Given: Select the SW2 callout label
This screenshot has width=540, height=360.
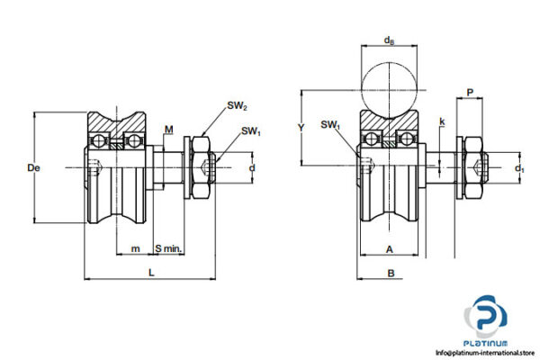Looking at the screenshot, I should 238,106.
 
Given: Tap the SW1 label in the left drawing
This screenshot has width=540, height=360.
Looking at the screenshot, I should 251,132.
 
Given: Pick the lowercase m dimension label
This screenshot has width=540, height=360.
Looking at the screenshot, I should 135,247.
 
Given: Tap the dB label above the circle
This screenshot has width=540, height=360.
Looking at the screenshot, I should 388,40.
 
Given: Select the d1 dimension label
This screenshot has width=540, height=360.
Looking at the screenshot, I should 519,168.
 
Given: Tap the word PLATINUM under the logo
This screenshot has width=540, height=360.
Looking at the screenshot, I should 490,342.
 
